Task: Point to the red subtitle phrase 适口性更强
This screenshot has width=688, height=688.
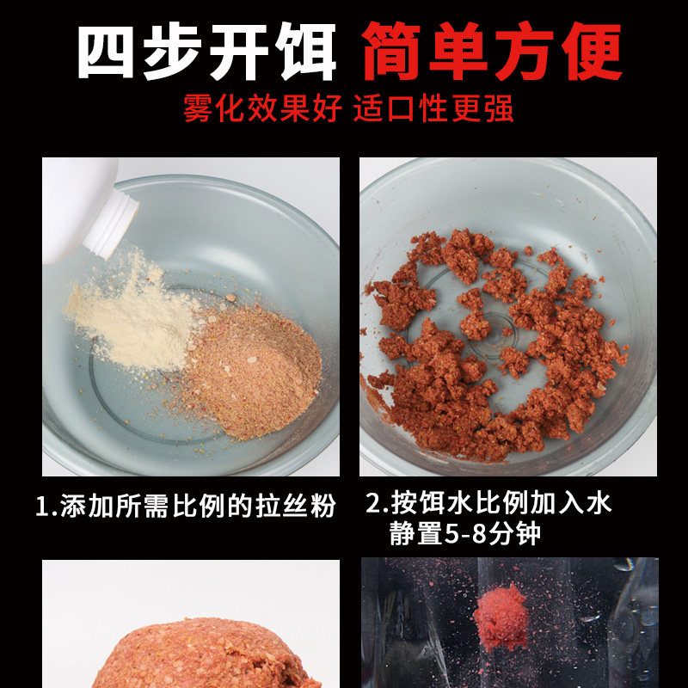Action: point(434,110)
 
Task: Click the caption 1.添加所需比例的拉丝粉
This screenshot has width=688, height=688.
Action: point(184,506)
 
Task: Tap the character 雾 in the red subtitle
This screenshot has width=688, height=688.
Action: point(198,110)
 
